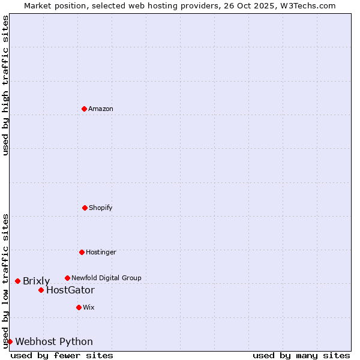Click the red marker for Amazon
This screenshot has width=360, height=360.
[84, 109]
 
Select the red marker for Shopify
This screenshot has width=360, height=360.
[85, 208]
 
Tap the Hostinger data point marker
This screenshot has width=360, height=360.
[82, 252]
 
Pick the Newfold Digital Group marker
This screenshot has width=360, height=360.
[67, 278]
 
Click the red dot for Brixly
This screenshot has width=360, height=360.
[17, 281]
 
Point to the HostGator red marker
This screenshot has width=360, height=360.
[41, 290]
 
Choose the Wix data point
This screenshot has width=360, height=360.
[79, 307]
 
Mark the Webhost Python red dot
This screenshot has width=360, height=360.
[10, 341]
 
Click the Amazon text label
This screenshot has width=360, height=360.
[101, 109]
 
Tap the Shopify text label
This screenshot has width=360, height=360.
[101, 208]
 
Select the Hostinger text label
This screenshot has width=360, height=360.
[101, 253]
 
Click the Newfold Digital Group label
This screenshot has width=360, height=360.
[106, 278]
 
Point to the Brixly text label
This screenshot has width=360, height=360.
[36, 281]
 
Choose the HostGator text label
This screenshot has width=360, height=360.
[70, 290]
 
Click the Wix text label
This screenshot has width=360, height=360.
[89, 308]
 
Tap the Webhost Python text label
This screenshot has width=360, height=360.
[54, 342]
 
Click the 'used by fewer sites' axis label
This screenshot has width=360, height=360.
[62, 355]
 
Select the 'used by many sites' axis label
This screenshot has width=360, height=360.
[301, 355]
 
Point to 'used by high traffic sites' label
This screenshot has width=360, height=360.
[5, 85]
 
